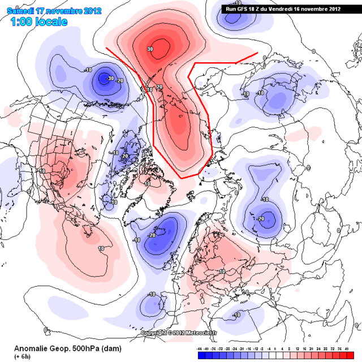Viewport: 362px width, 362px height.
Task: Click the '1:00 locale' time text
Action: tap(38, 22)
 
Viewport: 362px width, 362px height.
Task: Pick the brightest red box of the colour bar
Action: tap(352, 356)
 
